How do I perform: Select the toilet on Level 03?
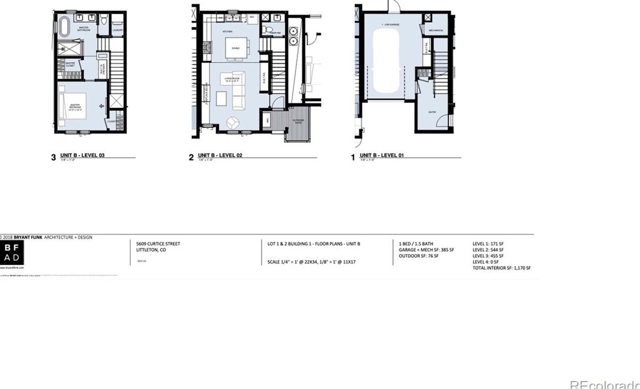click(x=104, y=20)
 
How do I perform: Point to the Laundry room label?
click(x=117, y=30)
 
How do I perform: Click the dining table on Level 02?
click(x=235, y=48)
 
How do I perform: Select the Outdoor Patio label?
click(x=298, y=121)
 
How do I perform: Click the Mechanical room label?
click(x=436, y=31)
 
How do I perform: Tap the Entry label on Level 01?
click(x=432, y=112)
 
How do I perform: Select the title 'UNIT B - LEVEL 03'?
click(x=82, y=156)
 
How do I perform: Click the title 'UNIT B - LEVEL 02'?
click(x=220, y=156)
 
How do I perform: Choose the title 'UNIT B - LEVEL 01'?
click(x=381, y=156)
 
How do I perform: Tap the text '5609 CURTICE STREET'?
click(x=158, y=244)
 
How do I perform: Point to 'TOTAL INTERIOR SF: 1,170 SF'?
click(x=501, y=268)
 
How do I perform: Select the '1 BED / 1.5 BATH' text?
click(x=416, y=244)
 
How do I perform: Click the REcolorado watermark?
click(x=604, y=384)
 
